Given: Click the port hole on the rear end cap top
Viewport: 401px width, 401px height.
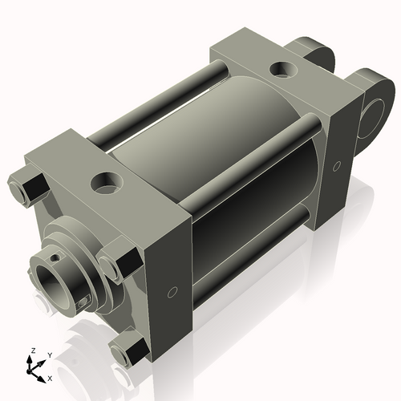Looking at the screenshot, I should click(x=282, y=71).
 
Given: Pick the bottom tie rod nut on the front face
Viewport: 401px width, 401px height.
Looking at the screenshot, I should click(x=128, y=350).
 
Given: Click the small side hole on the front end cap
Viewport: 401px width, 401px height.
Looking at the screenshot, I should click(x=172, y=291).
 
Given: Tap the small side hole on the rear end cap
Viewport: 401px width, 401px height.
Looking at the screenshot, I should click(x=336, y=166).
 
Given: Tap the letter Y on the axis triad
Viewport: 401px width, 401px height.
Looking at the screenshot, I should click(x=49, y=354).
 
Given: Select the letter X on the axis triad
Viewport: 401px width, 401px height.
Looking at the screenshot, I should click(x=51, y=376).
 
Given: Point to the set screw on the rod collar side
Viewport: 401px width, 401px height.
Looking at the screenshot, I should click(x=83, y=302).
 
